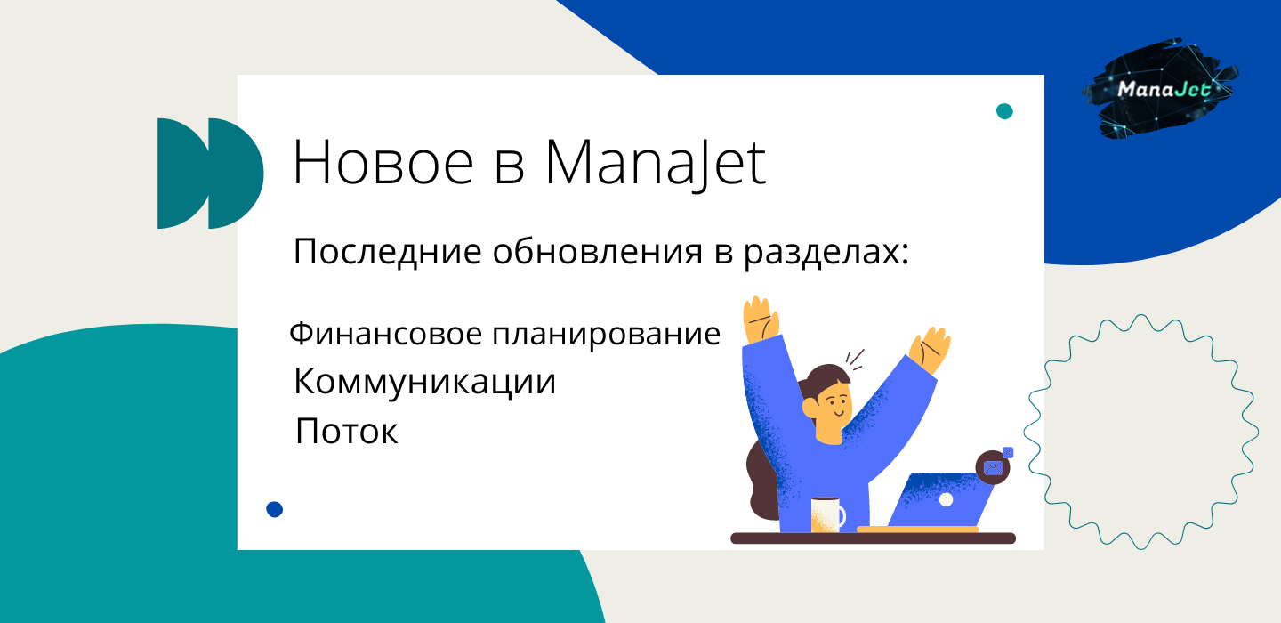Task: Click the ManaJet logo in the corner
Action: (x=1160, y=89)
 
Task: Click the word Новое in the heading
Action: (x=383, y=163)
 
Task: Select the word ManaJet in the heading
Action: (x=656, y=164)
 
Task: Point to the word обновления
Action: (x=598, y=251)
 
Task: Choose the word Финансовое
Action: (x=385, y=334)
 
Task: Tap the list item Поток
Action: (x=347, y=431)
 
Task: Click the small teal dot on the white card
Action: (x=1004, y=111)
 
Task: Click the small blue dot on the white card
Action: (x=275, y=509)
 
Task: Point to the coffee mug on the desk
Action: (x=827, y=514)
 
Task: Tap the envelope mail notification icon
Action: (x=994, y=467)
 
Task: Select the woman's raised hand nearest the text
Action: (x=760, y=320)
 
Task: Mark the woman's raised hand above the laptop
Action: (x=930, y=350)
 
